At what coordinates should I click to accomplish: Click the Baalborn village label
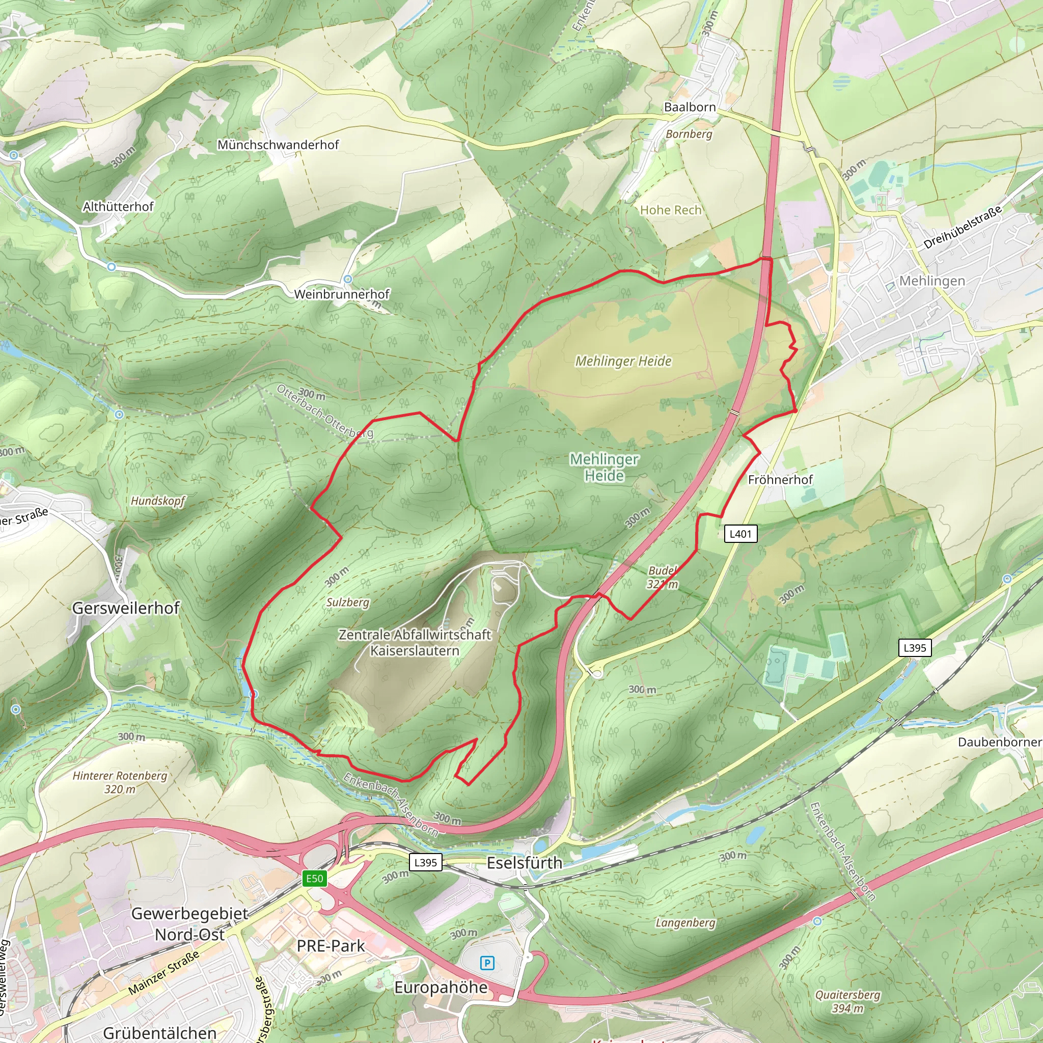tap(690, 107)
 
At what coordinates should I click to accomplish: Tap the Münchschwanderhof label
tap(278, 145)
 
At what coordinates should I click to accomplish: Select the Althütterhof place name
tap(118, 207)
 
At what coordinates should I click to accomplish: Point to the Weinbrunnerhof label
tap(342, 294)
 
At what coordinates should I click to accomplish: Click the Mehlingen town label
tap(932, 281)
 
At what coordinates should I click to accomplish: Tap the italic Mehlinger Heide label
tap(623, 361)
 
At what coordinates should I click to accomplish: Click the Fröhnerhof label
tap(780, 479)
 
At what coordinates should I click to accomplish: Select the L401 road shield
tap(740, 534)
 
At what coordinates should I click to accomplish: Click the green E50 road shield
tap(314, 879)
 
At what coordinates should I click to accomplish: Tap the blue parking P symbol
tap(487, 963)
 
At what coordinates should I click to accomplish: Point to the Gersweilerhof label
tap(126, 608)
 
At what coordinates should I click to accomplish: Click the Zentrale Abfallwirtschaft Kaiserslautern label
tap(415, 642)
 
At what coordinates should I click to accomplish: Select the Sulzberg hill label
tap(348, 602)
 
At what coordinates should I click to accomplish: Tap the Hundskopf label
tap(158, 501)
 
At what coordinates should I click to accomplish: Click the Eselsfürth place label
tap(524, 863)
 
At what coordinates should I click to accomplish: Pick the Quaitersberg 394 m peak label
tap(847, 1001)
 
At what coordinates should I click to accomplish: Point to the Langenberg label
tap(685, 923)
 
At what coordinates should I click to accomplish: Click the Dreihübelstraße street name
tap(962, 227)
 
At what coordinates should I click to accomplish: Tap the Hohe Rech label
tap(671, 210)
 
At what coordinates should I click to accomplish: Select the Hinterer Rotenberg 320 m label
tap(120, 782)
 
